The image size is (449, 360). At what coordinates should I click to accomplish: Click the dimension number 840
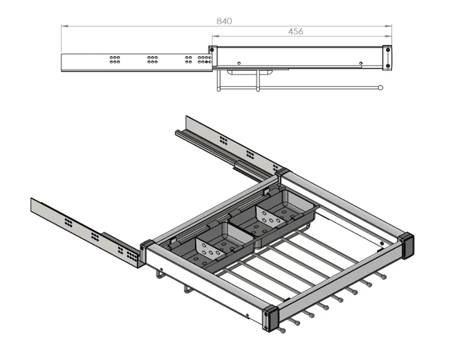(224, 21)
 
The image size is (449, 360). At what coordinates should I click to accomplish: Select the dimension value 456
(295, 31)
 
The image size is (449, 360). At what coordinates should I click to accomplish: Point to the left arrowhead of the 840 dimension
(64, 26)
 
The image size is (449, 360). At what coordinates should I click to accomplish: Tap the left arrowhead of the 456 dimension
(215, 36)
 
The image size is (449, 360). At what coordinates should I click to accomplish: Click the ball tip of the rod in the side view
(380, 88)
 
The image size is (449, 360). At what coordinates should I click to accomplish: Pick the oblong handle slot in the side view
(250, 72)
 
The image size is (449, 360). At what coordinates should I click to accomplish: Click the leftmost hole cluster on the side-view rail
(115, 59)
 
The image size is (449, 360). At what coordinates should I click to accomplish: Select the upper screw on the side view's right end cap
(388, 50)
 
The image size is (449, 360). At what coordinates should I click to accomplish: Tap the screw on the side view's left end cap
(211, 50)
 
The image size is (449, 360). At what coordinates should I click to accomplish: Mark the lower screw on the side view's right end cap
(388, 66)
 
